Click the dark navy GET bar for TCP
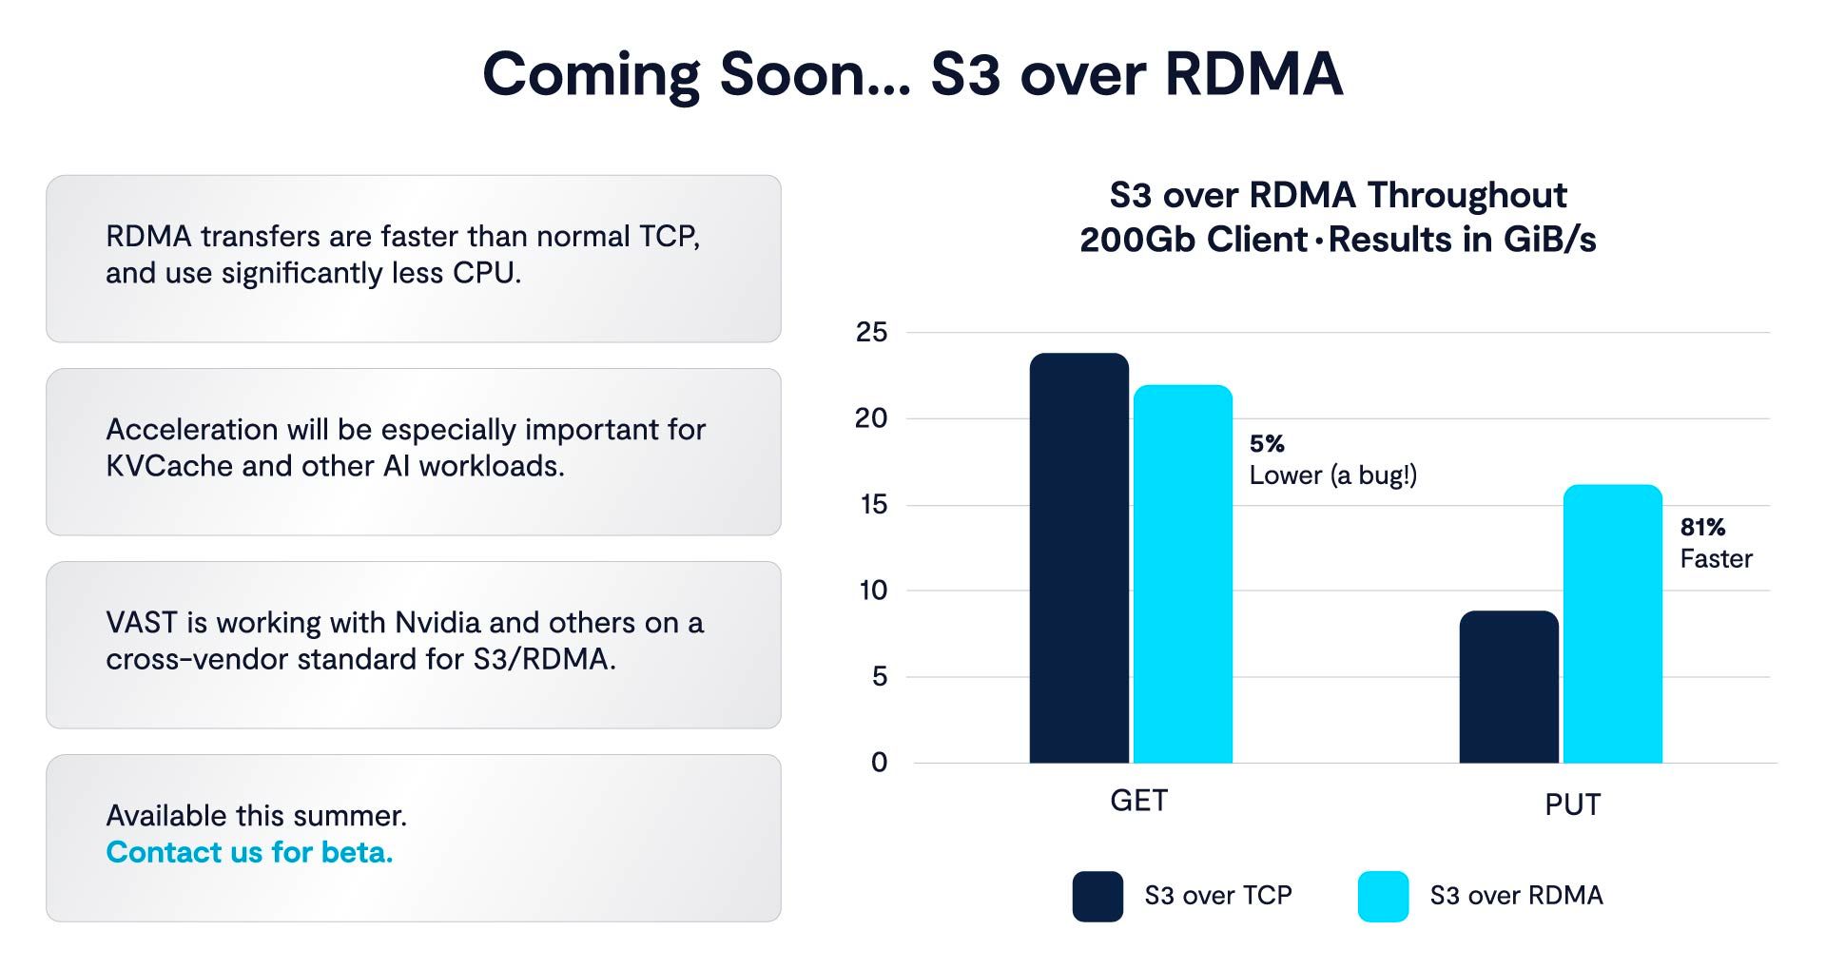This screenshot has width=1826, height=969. [1079, 558]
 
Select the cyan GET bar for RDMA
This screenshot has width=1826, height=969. [1183, 574]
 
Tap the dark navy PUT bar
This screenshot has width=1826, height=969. [1509, 687]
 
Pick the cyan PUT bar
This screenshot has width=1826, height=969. [1613, 624]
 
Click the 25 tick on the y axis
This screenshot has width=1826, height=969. [871, 333]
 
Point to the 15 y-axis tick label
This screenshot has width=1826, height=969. [872, 505]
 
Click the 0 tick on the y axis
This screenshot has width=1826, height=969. [879, 763]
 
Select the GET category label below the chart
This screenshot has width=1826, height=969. [1138, 801]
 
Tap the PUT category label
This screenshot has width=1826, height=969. [1572, 804]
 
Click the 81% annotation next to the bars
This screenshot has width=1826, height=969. [1702, 528]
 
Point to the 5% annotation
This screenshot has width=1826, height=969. [1267, 444]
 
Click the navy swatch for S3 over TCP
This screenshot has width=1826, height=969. [1098, 897]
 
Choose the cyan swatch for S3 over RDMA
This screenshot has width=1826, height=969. [1383, 897]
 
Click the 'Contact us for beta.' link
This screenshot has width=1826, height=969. [249, 852]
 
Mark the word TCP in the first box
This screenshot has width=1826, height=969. [670, 237]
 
